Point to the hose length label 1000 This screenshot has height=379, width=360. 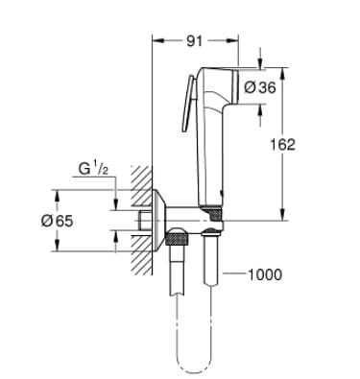[266, 275]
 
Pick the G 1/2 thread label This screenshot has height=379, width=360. [93, 170]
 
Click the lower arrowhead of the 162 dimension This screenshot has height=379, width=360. [281, 219]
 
